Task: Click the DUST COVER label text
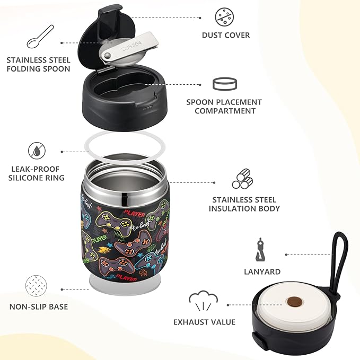pyautogui.click(x=225, y=36)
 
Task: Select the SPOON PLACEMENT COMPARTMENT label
pyautogui.click(x=224, y=106)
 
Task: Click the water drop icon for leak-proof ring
pyautogui.click(x=37, y=150)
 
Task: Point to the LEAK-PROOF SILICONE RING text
pyautogui.click(x=36, y=174)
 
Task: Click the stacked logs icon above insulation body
pyautogui.click(x=243, y=179)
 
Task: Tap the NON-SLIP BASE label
pyautogui.click(x=38, y=306)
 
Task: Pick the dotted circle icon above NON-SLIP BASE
pyautogui.click(x=37, y=282)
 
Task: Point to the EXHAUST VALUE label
pyautogui.click(x=204, y=321)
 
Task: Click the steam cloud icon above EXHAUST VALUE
pyautogui.click(x=203, y=300)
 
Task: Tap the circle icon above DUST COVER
pyautogui.click(x=224, y=16)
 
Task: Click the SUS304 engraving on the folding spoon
pyautogui.click(x=129, y=47)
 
